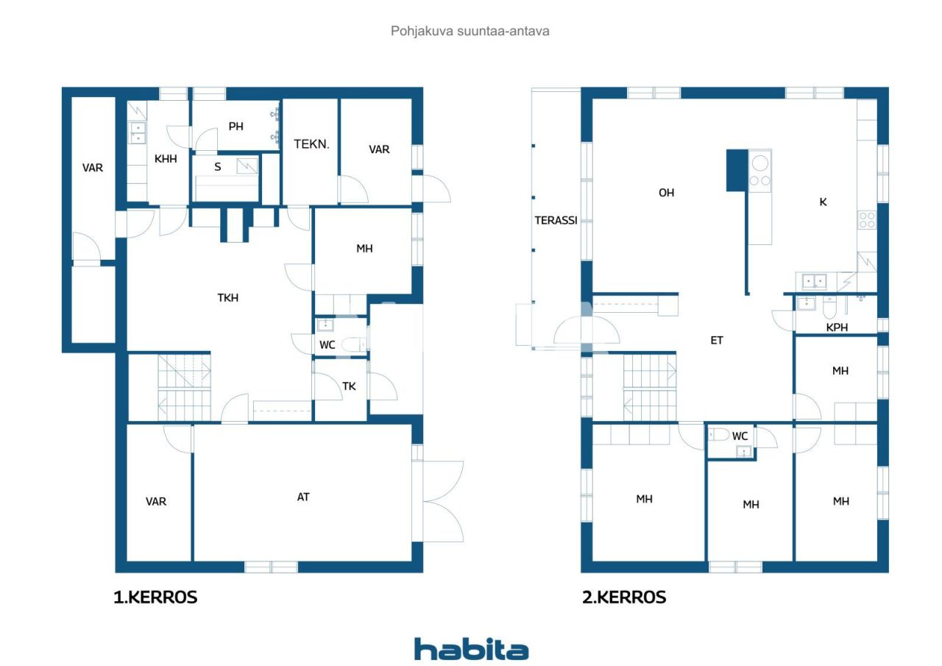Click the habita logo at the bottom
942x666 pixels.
[x=471, y=649]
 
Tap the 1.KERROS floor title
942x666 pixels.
[x=155, y=598]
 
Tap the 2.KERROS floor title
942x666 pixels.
[x=624, y=598]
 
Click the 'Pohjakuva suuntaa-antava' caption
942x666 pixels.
[x=470, y=31]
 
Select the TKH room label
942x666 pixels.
[x=227, y=298]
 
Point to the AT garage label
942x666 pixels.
[x=303, y=497]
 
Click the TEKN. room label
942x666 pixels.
[x=311, y=144]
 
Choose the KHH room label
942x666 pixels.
[x=165, y=158]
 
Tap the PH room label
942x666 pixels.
[x=235, y=127]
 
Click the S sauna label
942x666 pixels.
[x=218, y=167]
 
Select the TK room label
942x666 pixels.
[x=350, y=386]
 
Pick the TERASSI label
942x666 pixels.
[x=556, y=220]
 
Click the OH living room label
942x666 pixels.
[x=666, y=193]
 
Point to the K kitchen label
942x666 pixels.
[x=823, y=202]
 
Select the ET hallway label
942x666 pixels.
[x=716, y=340]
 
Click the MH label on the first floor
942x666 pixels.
[x=364, y=249]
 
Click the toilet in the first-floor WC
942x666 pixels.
[x=353, y=344]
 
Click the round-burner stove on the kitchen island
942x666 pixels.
[x=760, y=169]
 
